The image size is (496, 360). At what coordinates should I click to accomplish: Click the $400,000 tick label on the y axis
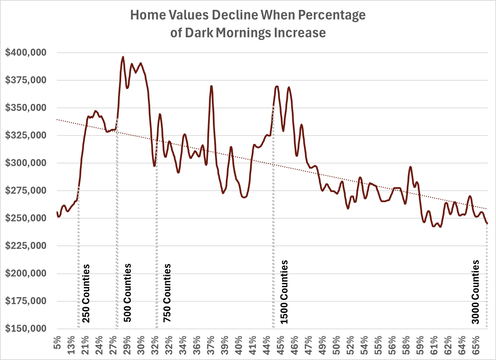click(25, 53)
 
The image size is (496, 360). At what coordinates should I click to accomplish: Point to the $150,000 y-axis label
click(25, 329)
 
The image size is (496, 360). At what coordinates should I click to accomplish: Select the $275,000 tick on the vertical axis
click(25, 191)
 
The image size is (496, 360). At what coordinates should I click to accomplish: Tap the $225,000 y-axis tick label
click(25, 246)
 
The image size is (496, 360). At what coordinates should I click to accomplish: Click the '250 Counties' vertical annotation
click(86, 293)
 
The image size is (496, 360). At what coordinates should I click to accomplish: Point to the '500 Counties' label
click(127, 293)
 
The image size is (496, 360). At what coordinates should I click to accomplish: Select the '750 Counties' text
click(167, 293)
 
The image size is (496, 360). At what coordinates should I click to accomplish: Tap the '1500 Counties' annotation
click(284, 292)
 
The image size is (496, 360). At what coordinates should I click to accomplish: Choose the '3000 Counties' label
click(475, 292)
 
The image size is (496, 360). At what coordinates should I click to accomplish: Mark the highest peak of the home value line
click(123, 57)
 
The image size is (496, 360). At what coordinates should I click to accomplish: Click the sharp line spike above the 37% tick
click(211, 86)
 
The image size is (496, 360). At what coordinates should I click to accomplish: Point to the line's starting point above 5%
click(57, 212)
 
